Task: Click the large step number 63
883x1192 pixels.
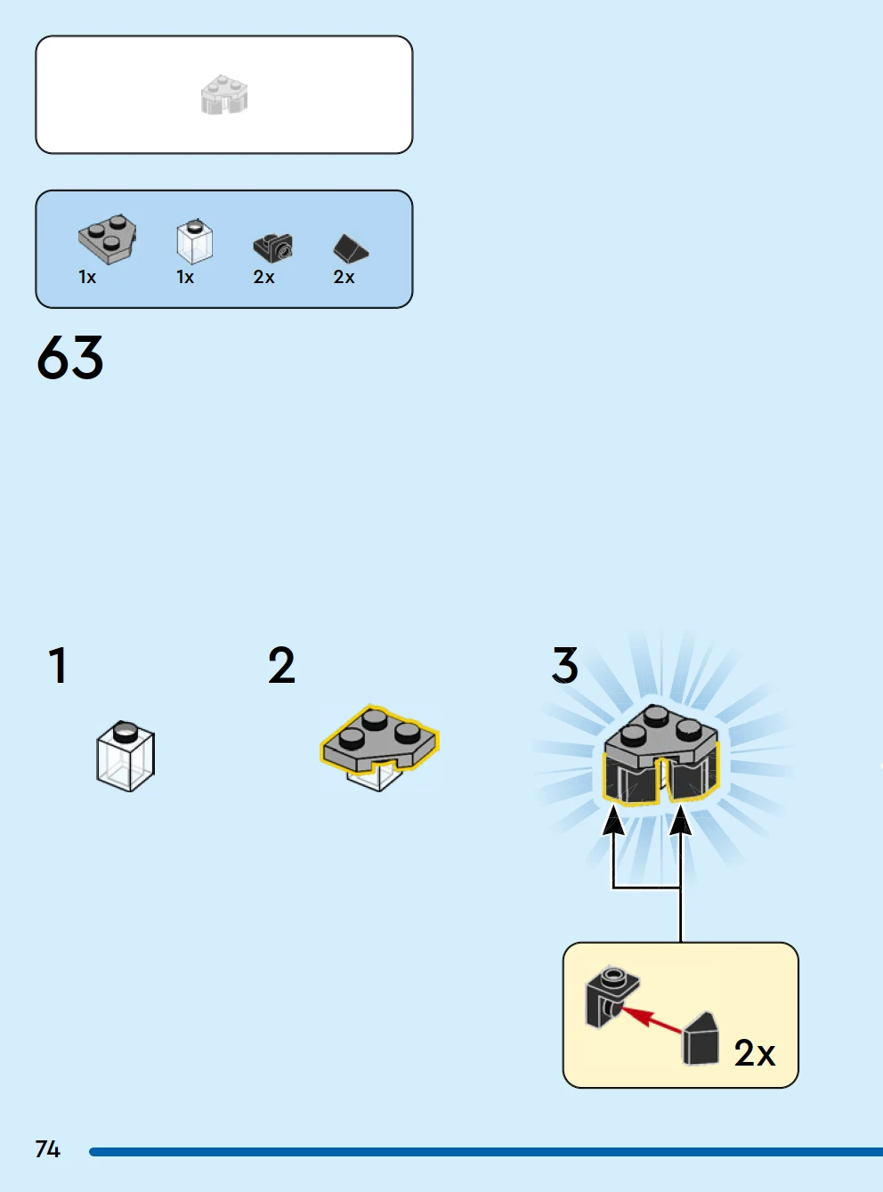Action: click(69, 357)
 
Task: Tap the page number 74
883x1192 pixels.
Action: click(47, 1149)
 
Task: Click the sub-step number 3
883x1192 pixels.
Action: click(565, 665)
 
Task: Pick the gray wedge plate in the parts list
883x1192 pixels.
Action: click(108, 239)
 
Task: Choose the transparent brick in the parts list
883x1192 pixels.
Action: click(195, 241)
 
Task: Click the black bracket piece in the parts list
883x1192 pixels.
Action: click(273, 247)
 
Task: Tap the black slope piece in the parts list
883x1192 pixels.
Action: click(351, 249)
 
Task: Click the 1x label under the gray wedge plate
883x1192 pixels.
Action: click(87, 277)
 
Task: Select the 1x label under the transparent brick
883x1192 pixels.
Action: click(185, 277)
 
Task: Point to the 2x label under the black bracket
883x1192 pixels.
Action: click(263, 277)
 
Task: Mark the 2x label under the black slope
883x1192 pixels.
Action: click(344, 277)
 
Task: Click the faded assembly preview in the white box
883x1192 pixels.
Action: click(224, 94)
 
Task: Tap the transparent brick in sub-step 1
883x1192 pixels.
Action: click(126, 756)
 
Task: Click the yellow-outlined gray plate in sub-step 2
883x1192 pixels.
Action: click(379, 738)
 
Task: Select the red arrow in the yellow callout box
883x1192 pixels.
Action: click(652, 1019)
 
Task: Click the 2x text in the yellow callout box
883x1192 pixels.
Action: click(755, 1053)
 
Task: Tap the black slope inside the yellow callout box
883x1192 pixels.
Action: click(701, 1039)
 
